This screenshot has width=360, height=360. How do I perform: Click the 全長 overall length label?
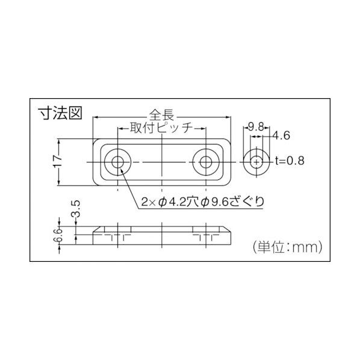click(161, 113)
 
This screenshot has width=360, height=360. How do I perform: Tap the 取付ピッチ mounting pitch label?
click(161, 128)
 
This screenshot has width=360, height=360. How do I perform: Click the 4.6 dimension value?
click(282, 137)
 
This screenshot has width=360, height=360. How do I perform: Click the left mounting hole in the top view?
click(117, 162)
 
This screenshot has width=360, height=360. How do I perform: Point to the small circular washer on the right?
click(257, 162)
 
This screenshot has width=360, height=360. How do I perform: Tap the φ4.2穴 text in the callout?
click(178, 202)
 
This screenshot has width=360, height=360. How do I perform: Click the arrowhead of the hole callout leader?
click(123, 171)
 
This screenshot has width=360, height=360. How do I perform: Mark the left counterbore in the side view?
click(117, 232)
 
